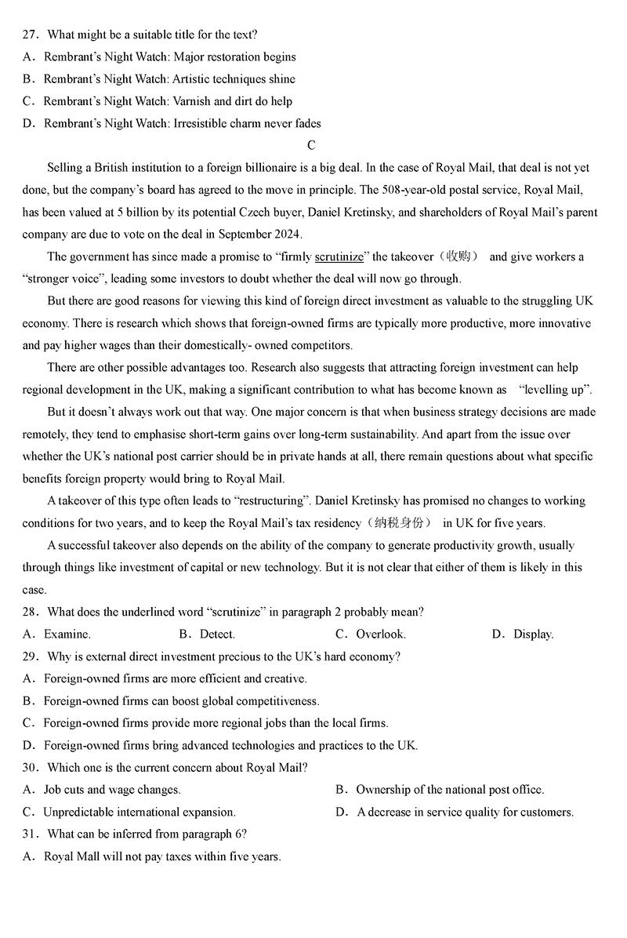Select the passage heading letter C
(x=312, y=145)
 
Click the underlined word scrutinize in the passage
(x=339, y=256)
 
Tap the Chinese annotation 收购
(x=457, y=256)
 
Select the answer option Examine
(x=67, y=634)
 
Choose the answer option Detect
(x=217, y=634)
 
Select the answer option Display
(x=533, y=634)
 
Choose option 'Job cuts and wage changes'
(x=111, y=790)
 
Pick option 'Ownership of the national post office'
(x=450, y=790)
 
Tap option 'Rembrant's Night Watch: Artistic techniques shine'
(x=169, y=79)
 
